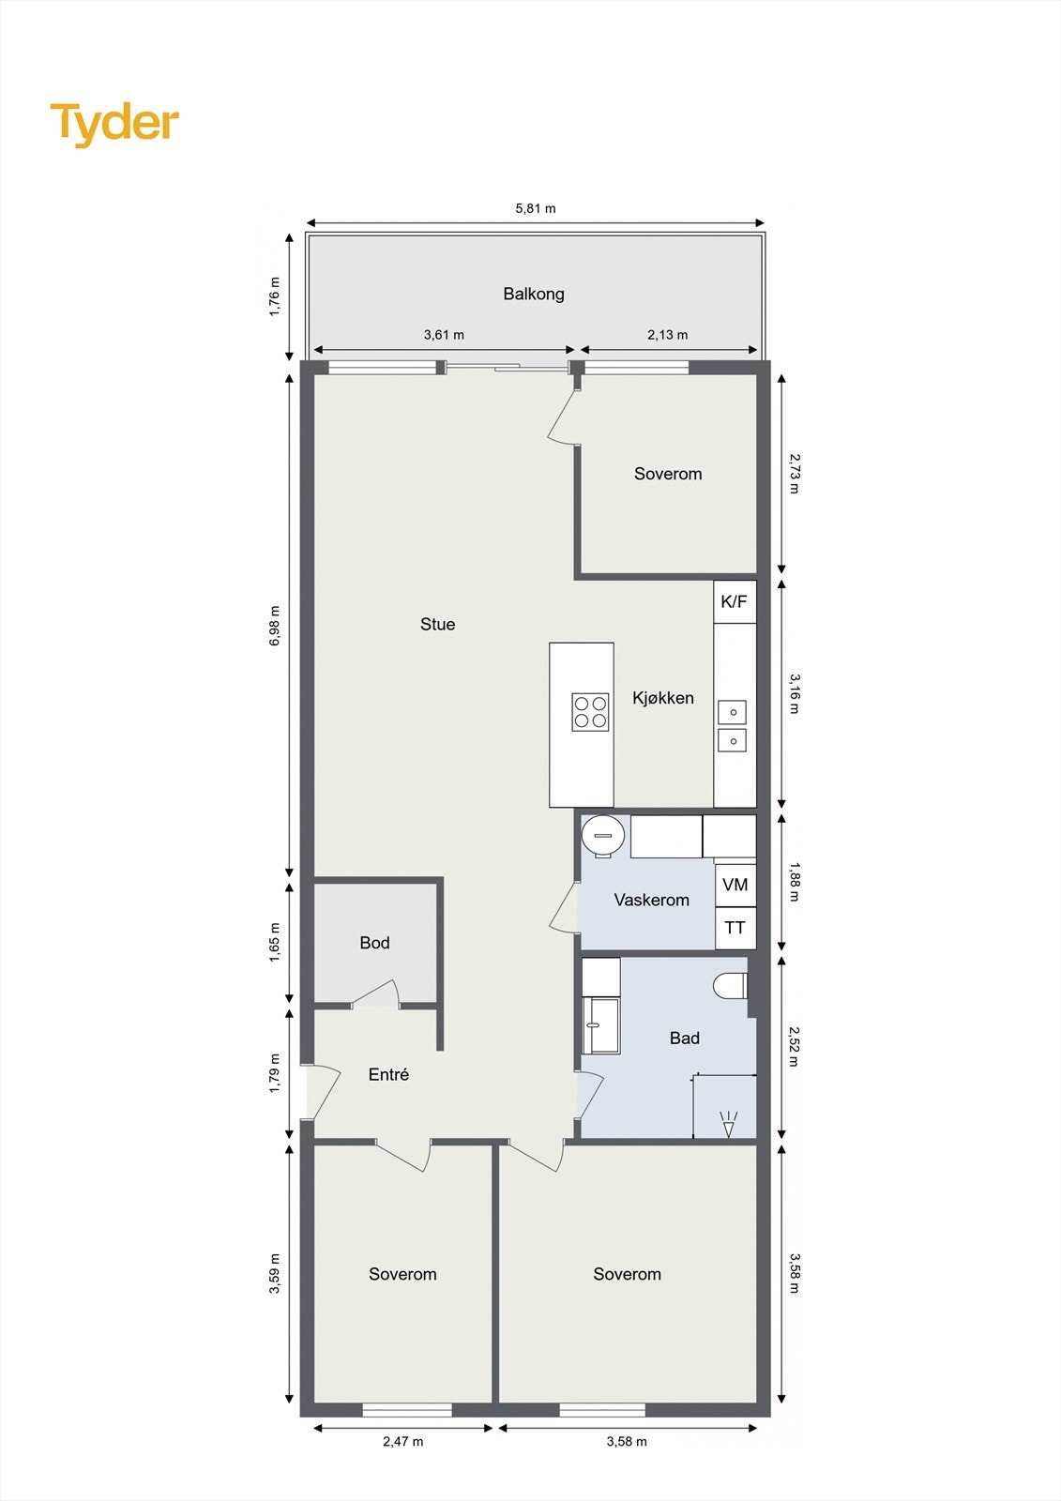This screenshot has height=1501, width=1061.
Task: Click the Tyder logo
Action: (114, 124)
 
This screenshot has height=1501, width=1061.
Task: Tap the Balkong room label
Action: (534, 294)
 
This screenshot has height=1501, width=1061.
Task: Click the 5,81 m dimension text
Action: (536, 208)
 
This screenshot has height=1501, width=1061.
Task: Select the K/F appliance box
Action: (735, 601)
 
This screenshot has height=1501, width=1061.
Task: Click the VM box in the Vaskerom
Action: (735, 885)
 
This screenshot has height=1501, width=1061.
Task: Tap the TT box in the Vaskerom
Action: (735, 928)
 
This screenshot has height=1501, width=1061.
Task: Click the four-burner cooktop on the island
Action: (590, 712)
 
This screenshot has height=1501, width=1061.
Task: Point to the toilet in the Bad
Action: (730, 986)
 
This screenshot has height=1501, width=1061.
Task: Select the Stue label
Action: (437, 624)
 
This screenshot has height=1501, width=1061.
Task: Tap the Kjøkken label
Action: (663, 698)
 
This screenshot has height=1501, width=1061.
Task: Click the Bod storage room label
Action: (374, 943)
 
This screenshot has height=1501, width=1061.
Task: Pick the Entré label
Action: (388, 1075)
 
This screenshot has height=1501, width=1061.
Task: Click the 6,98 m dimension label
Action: (275, 626)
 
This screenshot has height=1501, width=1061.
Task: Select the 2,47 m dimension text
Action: (402, 1441)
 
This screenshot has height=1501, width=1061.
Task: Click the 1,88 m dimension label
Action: (794, 882)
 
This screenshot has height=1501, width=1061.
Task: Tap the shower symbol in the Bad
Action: (728, 1123)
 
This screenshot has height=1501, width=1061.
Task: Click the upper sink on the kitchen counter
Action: (733, 712)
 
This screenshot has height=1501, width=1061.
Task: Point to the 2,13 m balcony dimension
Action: (667, 335)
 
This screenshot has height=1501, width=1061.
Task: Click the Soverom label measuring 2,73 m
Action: (668, 474)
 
